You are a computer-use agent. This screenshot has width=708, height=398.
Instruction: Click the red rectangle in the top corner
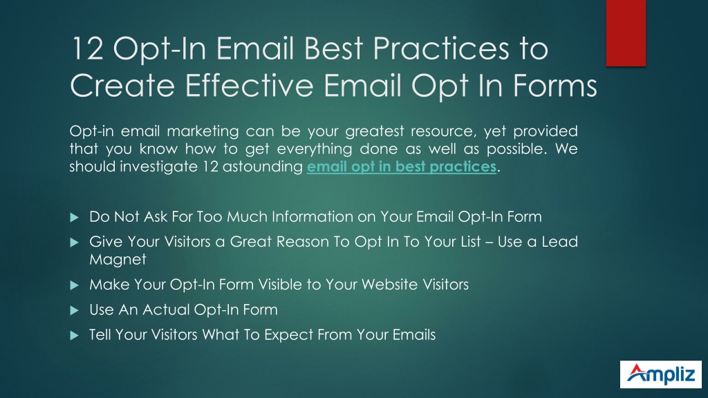[626, 33]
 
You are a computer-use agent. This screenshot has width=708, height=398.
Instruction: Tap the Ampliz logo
[660, 374]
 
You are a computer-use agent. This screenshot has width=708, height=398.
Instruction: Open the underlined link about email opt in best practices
[402, 167]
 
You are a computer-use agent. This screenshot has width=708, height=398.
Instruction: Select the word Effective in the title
[249, 85]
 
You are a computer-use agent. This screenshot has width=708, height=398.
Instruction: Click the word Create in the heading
[122, 85]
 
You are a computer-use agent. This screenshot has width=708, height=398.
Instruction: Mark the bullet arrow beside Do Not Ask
[75, 218]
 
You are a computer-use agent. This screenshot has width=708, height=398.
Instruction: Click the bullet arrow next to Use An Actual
[75, 310]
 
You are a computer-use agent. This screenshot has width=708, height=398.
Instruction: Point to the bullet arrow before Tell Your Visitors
[75, 335]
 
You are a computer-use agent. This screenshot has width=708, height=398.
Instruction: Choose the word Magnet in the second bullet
[118, 259]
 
